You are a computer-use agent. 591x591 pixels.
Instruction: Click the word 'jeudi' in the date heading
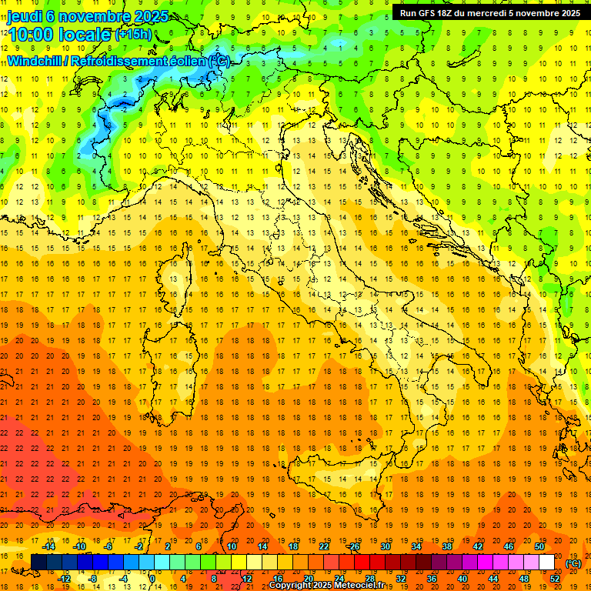click(25, 16)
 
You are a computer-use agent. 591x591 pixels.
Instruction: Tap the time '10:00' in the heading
click(34, 35)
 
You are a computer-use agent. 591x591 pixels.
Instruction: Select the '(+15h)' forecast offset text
click(132, 35)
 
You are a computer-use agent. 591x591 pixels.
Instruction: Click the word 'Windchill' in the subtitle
click(35, 60)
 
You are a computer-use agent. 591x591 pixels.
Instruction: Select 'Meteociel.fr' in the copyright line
click(366, 585)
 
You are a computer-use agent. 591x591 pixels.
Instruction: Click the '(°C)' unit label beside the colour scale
click(573, 563)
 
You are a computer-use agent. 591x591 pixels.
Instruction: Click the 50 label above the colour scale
click(539, 546)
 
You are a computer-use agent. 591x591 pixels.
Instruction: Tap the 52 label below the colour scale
click(555, 579)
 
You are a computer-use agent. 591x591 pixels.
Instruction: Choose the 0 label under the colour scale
click(152, 579)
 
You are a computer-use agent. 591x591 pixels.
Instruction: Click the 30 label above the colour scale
click(386, 546)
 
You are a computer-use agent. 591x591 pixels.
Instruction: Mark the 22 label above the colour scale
click(324, 546)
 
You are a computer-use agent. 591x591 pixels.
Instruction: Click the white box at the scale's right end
click(547, 563)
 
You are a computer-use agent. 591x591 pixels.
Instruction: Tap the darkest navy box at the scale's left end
click(38, 563)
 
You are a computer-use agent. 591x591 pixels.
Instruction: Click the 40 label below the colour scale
click(462, 579)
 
